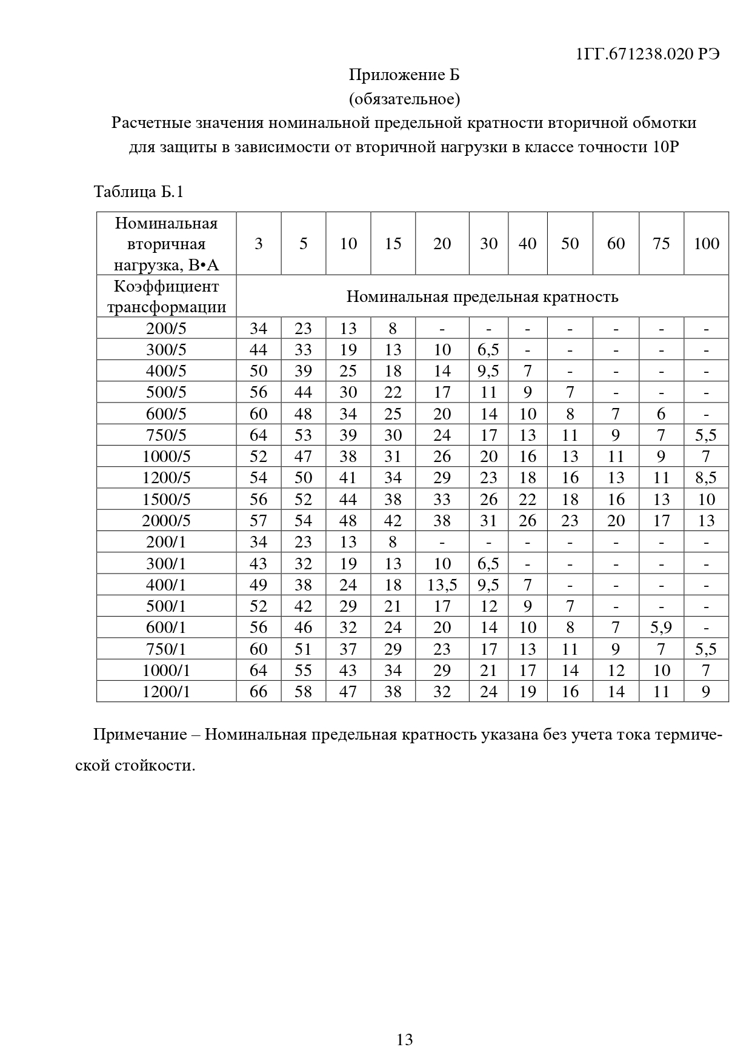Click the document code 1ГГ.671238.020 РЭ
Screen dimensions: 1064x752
[x=648, y=54]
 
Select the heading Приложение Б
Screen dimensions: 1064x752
[x=404, y=75]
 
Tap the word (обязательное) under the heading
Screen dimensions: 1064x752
[x=404, y=98]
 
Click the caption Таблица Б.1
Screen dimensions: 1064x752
[x=139, y=192]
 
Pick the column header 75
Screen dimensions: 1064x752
[x=661, y=244]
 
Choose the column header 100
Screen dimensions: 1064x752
[x=706, y=244]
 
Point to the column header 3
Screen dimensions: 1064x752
[x=259, y=244]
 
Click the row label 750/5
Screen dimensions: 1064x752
[x=166, y=435]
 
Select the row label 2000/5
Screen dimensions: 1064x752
[x=166, y=521]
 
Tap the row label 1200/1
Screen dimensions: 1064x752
[x=166, y=692]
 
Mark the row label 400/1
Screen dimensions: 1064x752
[x=166, y=585]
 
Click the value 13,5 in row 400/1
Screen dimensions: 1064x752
[x=442, y=585]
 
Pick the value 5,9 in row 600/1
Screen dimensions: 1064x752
[x=661, y=627]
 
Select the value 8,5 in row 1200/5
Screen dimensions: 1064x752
[x=706, y=478]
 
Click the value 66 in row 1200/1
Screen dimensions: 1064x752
[x=259, y=692]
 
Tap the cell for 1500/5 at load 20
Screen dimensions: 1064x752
[x=442, y=500]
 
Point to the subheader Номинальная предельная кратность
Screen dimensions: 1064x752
[x=482, y=296]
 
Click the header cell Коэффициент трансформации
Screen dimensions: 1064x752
[x=166, y=296]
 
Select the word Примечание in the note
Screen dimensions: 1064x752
[x=139, y=735]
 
